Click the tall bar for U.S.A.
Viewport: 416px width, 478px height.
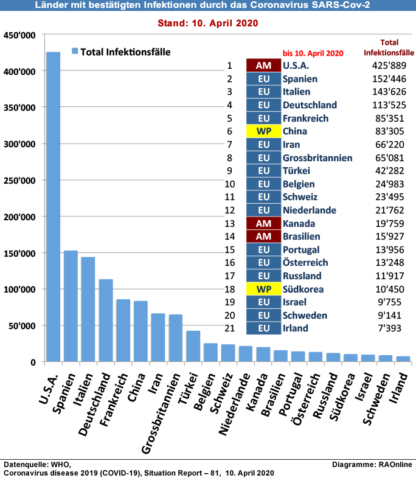(53, 207)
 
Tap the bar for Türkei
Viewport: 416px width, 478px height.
(193, 346)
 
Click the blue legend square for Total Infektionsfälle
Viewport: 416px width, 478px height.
(75, 51)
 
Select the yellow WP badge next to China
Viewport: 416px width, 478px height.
(263, 131)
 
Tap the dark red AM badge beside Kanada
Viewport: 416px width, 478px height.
(263, 223)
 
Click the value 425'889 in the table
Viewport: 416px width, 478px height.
(389, 66)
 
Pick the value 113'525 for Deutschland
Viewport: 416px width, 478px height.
(389, 105)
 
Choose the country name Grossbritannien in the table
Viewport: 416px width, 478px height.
(317, 158)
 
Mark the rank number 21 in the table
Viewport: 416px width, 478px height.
(230, 328)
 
